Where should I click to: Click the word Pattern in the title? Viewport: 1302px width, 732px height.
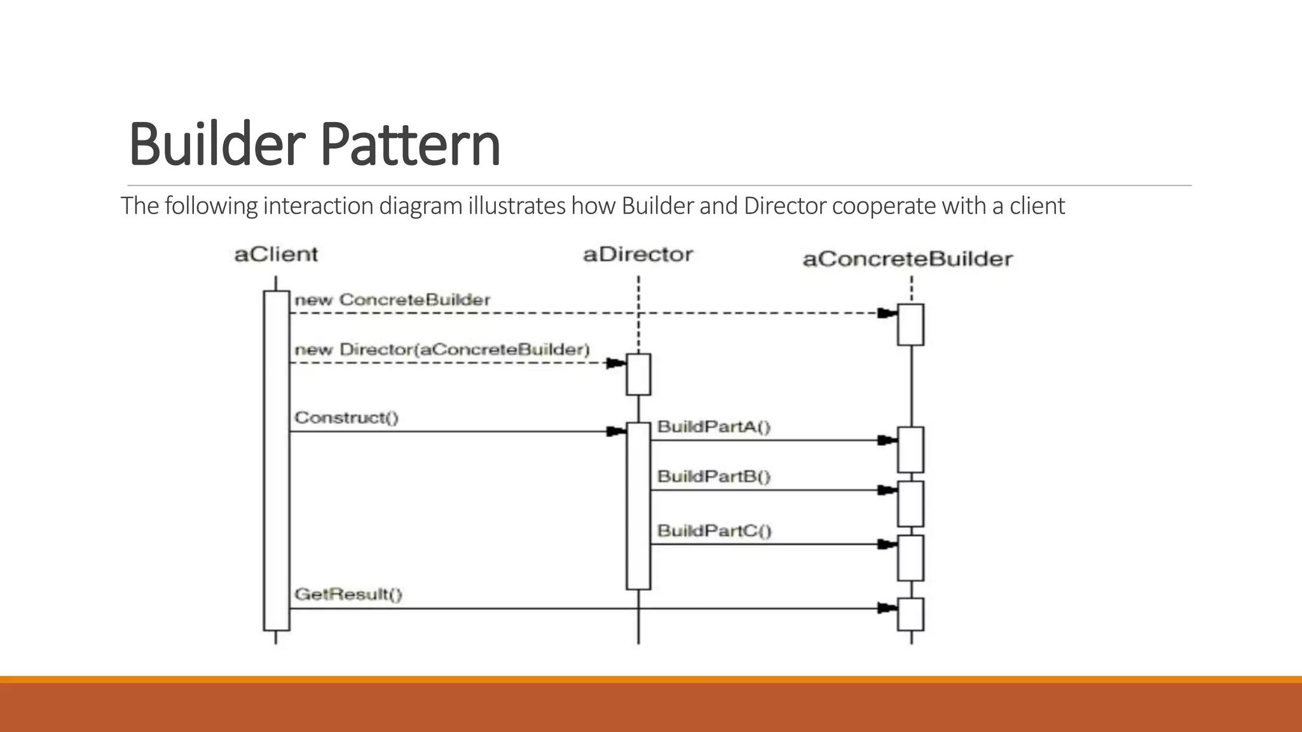(410, 145)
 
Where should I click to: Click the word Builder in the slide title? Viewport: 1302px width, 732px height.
(217, 145)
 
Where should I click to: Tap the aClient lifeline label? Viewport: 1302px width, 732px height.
(276, 255)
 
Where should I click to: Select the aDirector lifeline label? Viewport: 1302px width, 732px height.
(638, 255)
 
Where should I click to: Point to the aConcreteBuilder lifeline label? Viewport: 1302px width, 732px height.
(907, 259)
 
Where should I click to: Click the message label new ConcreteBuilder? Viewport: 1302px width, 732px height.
(392, 300)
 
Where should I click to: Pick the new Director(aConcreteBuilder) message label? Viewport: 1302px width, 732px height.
(442, 349)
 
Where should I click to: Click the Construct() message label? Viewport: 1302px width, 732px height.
(346, 418)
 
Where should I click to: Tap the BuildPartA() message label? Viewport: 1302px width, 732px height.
(713, 426)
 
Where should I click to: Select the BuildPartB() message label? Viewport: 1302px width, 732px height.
(713, 477)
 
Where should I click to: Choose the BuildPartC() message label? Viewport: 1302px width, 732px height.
(714, 531)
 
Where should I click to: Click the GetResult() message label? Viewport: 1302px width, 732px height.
(348, 595)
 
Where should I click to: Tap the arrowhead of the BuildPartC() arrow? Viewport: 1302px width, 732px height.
(886, 545)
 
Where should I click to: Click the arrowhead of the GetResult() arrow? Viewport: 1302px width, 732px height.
(886, 609)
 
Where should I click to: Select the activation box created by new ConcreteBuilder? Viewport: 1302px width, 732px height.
(910, 325)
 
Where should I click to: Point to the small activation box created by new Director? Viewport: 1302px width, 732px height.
(638, 374)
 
